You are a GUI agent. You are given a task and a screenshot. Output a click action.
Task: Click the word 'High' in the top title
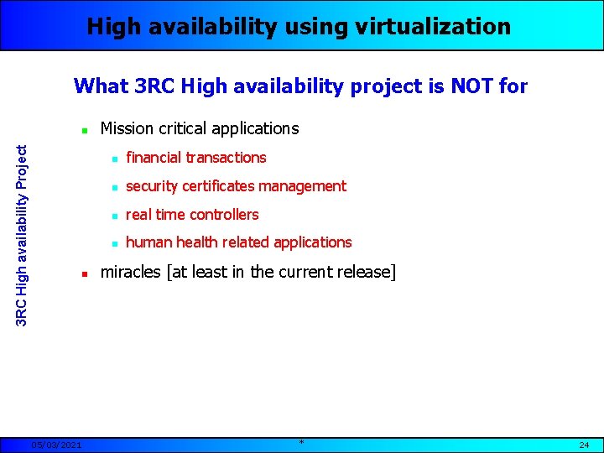pos(114,27)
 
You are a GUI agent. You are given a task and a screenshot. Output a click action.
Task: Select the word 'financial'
pos(154,158)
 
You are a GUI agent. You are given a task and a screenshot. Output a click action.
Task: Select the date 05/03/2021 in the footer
pos(56,445)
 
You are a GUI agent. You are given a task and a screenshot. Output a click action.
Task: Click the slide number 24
pos(584,445)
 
